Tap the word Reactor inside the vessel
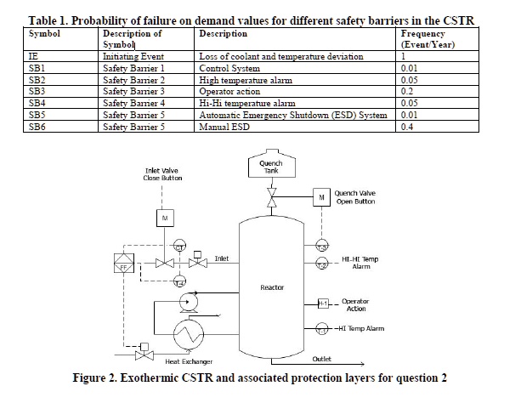272,287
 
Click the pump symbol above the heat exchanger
185,299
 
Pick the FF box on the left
125,265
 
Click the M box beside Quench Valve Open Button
322,198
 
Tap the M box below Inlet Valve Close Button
165,219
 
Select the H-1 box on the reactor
323,304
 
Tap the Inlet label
221,258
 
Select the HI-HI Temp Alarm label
367,260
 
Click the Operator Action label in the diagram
360,304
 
